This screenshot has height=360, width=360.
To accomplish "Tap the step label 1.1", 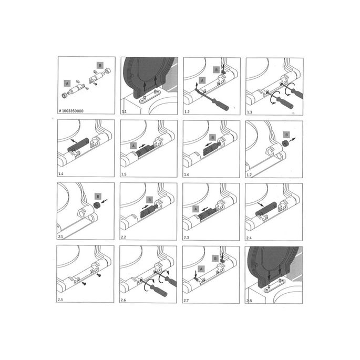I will (x=125, y=111).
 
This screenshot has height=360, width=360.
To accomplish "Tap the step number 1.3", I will (x=250, y=111).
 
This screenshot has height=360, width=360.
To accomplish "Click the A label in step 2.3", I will (x=196, y=209).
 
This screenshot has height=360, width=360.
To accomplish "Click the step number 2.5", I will (x=61, y=300).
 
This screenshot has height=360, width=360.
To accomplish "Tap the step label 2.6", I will (x=125, y=300).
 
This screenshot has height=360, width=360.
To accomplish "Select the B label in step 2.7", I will (x=215, y=258).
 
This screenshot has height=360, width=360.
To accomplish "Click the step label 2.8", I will (x=250, y=300).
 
